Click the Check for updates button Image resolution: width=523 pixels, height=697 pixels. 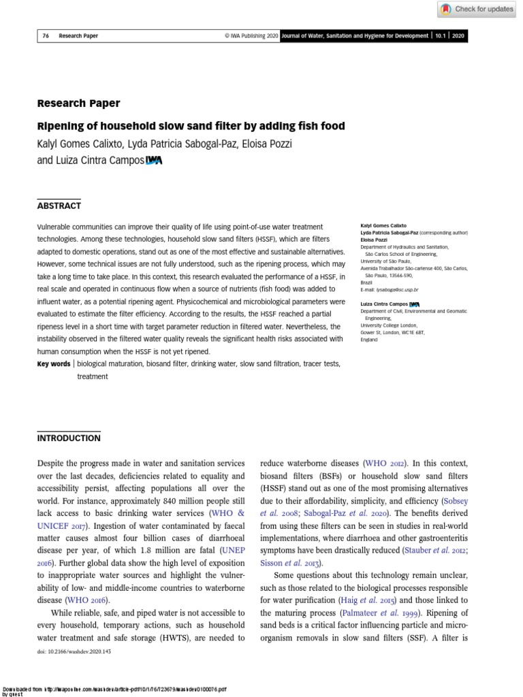[x=477, y=9]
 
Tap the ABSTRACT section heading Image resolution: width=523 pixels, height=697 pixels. [x=59, y=206]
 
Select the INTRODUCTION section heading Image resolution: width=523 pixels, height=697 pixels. [x=68, y=438]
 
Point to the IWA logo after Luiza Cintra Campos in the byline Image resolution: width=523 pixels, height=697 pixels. [x=154, y=161]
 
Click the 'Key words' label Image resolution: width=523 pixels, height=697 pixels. [x=53, y=364]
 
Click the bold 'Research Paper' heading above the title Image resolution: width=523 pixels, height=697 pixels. [x=78, y=103]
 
